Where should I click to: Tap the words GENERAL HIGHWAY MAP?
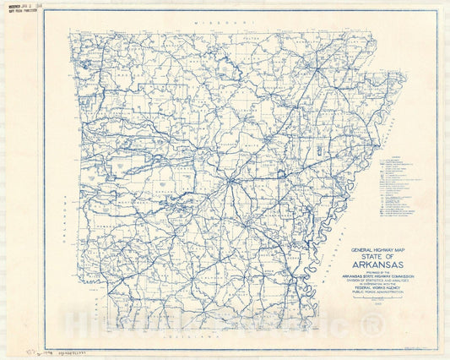point(369,250)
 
